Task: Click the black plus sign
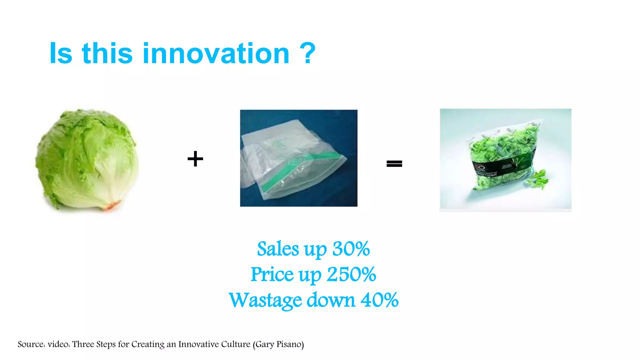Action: [x=195, y=159]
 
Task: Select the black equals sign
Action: [x=394, y=163]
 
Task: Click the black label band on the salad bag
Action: [x=500, y=169]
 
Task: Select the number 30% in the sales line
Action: [x=351, y=249]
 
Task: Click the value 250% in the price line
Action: [x=351, y=275]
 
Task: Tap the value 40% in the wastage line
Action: [x=379, y=300]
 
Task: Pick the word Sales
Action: [x=278, y=249]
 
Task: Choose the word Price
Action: [x=272, y=275]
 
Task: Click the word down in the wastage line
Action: [x=331, y=300]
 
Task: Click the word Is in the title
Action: [x=61, y=53]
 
